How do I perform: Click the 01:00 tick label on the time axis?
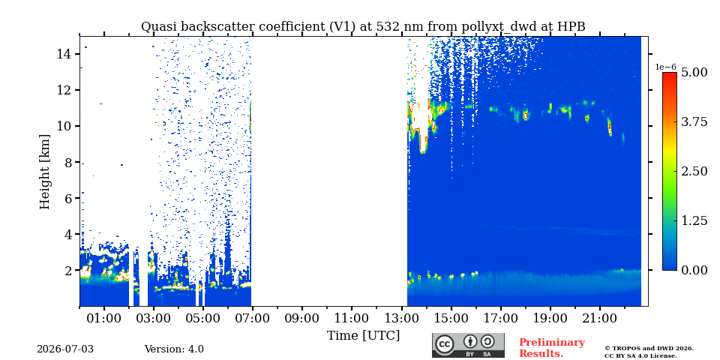pyautogui.click(x=104, y=318)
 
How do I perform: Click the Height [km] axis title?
pyautogui.click(x=44, y=172)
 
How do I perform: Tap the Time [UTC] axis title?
pyautogui.click(x=363, y=336)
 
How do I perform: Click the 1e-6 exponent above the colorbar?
pyautogui.click(x=665, y=67)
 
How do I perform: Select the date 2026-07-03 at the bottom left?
pyautogui.click(x=65, y=349)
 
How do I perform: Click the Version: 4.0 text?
pyautogui.click(x=174, y=349)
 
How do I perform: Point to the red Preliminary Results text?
pyautogui.click(x=552, y=348)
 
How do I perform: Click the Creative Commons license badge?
pyautogui.click(x=468, y=345)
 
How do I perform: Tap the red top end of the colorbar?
pyautogui.click(x=670, y=73)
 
